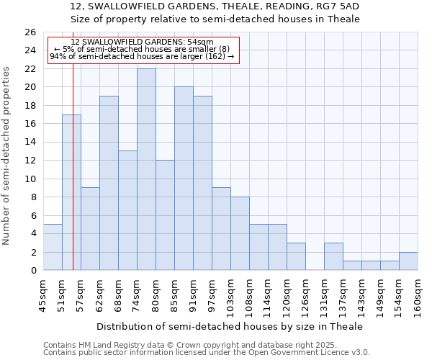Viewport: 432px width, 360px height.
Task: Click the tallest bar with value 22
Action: coord(146,169)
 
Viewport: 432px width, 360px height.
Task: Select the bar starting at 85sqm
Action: coord(184,179)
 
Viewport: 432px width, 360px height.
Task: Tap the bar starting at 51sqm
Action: coord(71,192)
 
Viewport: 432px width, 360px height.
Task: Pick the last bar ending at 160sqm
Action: coord(408,261)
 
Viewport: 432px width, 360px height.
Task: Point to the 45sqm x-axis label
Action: coord(43,294)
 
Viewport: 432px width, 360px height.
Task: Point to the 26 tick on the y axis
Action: coord(30,32)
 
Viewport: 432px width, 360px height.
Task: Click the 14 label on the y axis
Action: coord(30,143)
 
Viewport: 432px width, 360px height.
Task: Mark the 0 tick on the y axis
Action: coord(33,271)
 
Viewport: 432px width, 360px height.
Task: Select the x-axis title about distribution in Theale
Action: coord(230,326)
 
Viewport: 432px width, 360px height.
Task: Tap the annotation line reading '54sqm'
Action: coord(143,42)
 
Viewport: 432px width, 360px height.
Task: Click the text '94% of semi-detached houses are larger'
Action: coord(137,56)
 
